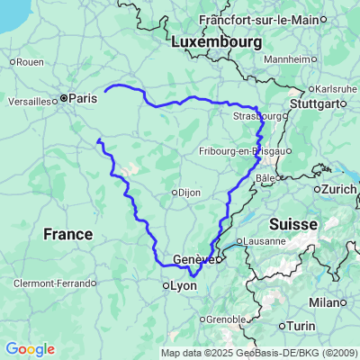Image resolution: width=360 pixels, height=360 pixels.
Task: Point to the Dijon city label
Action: click(x=187, y=192)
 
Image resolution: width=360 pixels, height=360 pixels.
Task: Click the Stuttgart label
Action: click(x=319, y=103)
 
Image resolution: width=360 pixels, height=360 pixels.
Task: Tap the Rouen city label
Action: click(x=30, y=61)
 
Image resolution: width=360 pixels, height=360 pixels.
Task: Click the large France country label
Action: click(x=67, y=234)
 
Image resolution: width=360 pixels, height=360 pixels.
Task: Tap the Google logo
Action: click(x=30, y=349)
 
